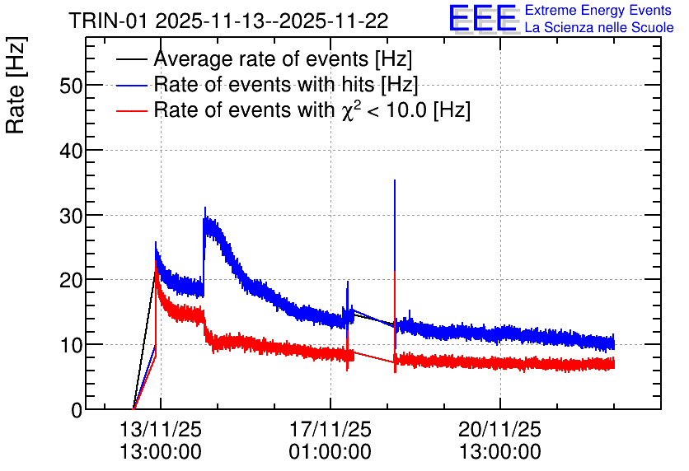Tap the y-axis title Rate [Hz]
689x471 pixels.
pyautogui.click(x=16, y=85)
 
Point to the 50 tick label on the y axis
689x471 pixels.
pyautogui.click(x=71, y=86)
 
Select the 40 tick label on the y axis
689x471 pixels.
pyautogui.click(x=71, y=151)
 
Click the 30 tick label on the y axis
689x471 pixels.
pyautogui.click(x=71, y=216)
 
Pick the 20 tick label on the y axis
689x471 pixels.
pyautogui.click(x=71, y=280)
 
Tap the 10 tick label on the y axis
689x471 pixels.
pyautogui.click(x=71, y=345)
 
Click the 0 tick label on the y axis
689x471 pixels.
pyautogui.click(x=77, y=410)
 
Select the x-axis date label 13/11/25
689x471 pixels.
pyautogui.click(x=161, y=429)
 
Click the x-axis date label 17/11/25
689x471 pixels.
pyautogui.click(x=330, y=429)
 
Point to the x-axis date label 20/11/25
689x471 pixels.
pyautogui.click(x=500, y=429)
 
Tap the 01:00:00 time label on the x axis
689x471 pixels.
pyautogui.click(x=330, y=452)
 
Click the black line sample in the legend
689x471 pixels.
pyautogui.click(x=131, y=59)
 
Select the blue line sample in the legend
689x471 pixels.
pyautogui.click(x=131, y=85)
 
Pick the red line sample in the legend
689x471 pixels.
pyautogui.click(x=131, y=110)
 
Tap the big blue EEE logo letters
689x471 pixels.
pyautogui.click(x=483, y=18)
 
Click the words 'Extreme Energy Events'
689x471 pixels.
pyautogui.click(x=598, y=10)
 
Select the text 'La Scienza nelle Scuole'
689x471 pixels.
pyautogui.click(x=599, y=27)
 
